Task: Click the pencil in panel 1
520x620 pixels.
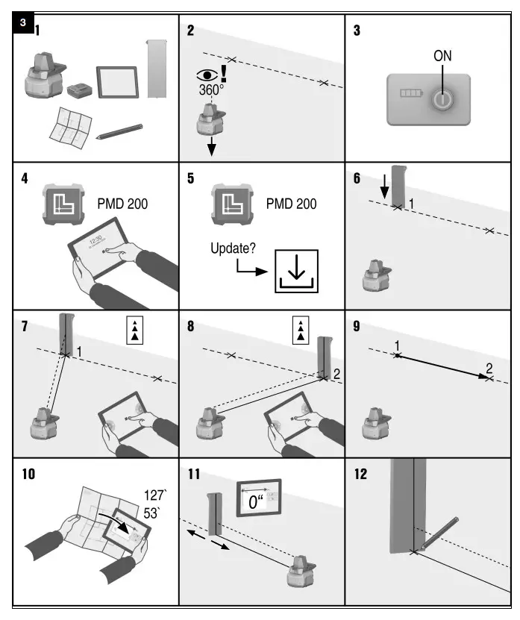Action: coord(119,131)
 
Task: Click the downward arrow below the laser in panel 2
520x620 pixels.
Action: coord(211,147)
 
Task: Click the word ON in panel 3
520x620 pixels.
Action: coord(442,56)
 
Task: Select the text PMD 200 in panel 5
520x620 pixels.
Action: coord(291,204)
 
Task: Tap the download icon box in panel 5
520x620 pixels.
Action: coord(296,271)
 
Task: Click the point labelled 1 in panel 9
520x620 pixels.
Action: coord(397,356)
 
